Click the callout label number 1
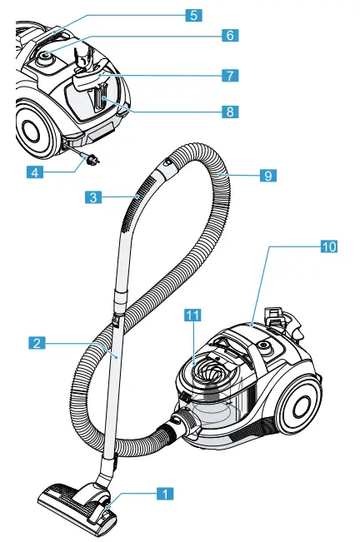[x=165, y=494]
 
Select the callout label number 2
[x=36, y=342]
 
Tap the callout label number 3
[x=94, y=197]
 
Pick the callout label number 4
[x=34, y=173]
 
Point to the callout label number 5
[x=192, y=15]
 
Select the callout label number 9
[x=267, y=176]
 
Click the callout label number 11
[x=192, y=315]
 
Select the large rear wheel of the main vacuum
[x=298, y=402]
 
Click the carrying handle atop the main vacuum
[x=277, y=321]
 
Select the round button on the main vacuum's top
[x=264, y=344]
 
